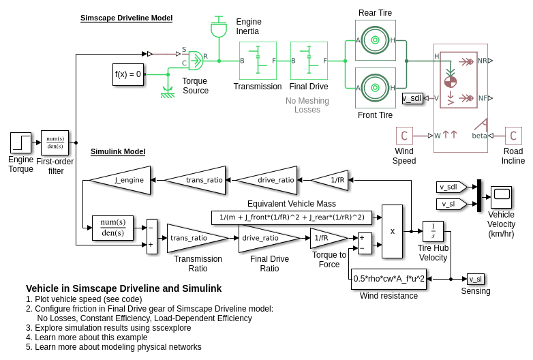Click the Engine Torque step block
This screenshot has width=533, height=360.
[x=20, y=142]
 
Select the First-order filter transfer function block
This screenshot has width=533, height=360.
[x=55, y=142]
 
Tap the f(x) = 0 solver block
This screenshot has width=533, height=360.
[x=128, y=74]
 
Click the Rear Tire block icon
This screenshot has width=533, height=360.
[x=375, y=40]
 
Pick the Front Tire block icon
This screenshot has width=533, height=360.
[x=375, y=87]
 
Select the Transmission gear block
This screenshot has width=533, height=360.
[x=258, y=61]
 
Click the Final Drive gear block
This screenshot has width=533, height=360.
[x=309, y=61]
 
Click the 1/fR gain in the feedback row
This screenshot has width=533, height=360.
[x=333, y=180]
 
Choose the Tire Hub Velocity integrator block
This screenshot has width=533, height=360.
[x=433, y=231]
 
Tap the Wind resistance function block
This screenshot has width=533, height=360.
[x=389, y=278]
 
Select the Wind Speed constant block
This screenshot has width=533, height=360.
[x=404, y=136]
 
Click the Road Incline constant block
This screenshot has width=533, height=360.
[x=513, y=136]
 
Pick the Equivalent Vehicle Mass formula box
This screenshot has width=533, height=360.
[x=292, y=217]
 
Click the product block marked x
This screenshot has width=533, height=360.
[x=392, y=231]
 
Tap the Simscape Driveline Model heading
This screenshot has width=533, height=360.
[x=126, y=18]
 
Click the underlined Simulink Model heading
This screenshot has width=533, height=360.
[x=118, y=151]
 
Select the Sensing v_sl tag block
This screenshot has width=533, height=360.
[x=476, y=279]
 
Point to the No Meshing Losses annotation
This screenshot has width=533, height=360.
[x=307, y=105]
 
